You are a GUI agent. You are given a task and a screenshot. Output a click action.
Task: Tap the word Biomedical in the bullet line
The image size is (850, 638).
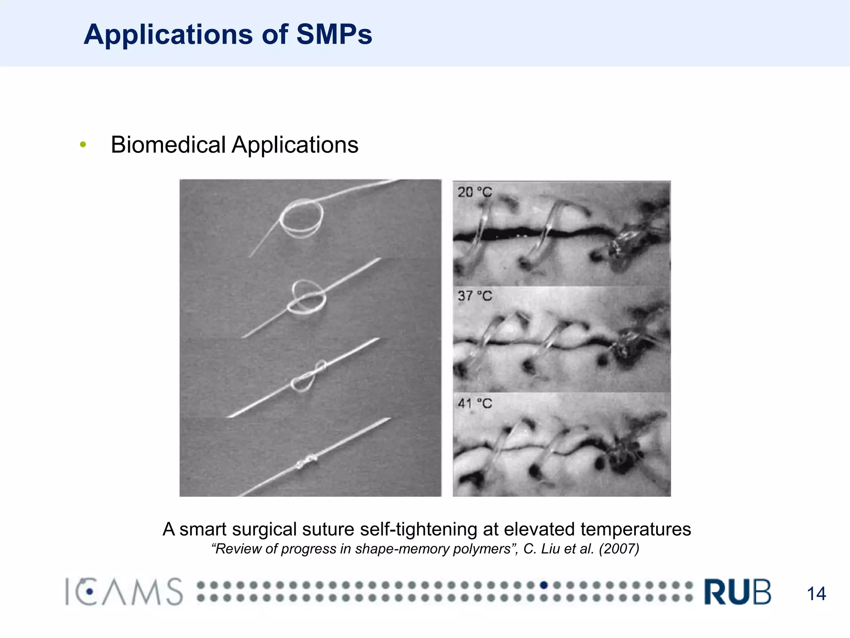(169, 145)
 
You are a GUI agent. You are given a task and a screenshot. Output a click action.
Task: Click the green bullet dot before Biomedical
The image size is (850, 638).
(83, 145)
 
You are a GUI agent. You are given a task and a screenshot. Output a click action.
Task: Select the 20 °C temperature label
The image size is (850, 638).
(474, 192)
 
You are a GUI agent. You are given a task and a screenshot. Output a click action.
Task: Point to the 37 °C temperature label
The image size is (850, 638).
(474, 296)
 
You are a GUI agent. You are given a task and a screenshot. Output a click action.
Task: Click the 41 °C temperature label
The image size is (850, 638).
(474, 403)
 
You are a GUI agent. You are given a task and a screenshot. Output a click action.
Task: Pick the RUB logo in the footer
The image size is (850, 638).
(737, 592)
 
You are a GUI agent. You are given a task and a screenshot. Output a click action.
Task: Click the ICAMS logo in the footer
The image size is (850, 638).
(124, 592)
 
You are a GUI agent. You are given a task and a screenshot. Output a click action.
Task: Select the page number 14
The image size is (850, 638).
(816, 594)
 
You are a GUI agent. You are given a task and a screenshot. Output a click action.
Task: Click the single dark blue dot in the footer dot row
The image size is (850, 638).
(544, 585)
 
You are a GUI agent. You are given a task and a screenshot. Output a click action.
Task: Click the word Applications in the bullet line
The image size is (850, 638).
(295, 145)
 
